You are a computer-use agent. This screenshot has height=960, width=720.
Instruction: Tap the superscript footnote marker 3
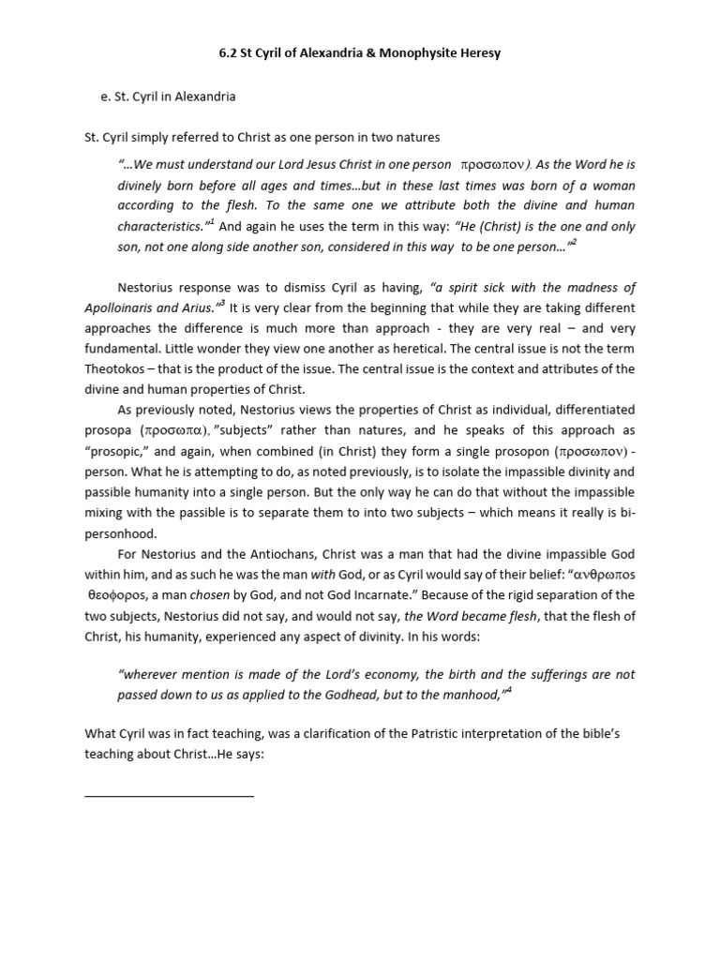[x=221, y=304]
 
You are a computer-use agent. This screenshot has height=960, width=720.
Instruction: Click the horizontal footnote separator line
[x=169, y=796]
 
